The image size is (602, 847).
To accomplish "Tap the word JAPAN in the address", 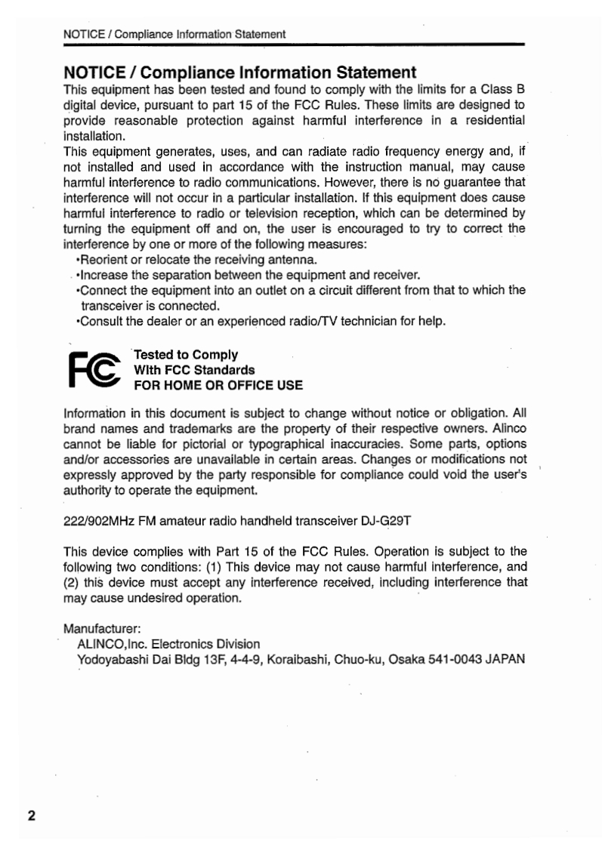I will point(499,659).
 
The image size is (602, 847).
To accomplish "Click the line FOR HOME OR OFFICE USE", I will point(218,385).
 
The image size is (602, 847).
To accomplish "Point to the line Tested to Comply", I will point(186,354).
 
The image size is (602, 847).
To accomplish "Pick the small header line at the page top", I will point(174,34).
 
